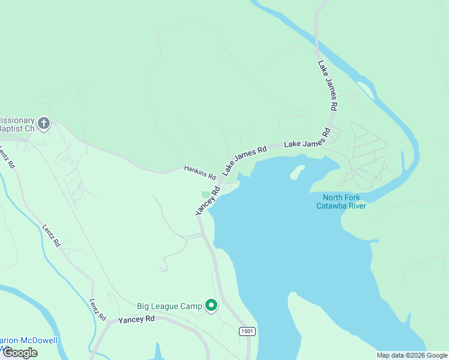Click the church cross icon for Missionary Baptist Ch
pyautogui.click(x=43, y=124)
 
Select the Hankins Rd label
pyautogui.click(x=200, y=173)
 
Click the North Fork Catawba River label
pyautogui.click(x=341, y=202)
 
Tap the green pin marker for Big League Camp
pyautogui.click(x=211, y=306)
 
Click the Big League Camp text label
pyautogui.click(x=169, y=306)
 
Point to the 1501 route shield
pyautogui.click(x=247, y=331)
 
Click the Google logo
pyautogui.click(x=20, y=353)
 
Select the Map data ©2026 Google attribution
pyautogui.click(x=412, y=355)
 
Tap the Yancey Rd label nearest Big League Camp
pyautogui.click(x=137, y=319)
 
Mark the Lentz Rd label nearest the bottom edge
pyautogui.click(x=98, y=309)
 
